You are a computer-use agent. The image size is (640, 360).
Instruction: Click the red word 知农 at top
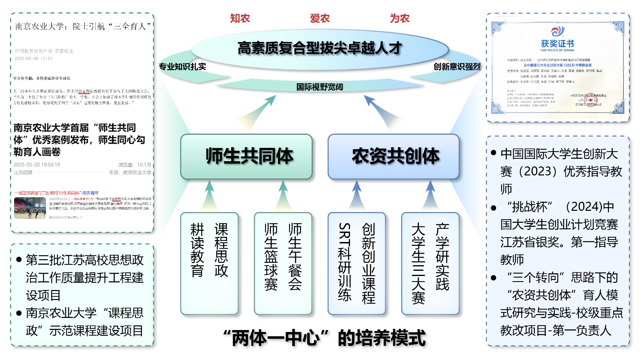coord(240,18)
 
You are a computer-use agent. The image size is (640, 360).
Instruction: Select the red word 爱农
coord(320,18)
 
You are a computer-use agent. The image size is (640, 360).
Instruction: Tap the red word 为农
coord(400,18)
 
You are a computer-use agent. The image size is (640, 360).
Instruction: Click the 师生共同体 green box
coord(246,156)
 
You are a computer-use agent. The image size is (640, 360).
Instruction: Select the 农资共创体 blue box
coord(394,156)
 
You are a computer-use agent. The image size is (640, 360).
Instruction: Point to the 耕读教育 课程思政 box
coord(209,263)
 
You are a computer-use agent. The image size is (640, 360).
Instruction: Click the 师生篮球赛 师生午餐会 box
coord(283,263)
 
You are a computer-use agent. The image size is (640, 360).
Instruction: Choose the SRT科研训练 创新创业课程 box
coord(356,263)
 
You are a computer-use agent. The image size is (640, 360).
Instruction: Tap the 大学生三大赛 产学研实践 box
coord(430,263)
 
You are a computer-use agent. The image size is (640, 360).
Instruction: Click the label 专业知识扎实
coord(182,67)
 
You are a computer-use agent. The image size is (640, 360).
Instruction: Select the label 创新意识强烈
coord(457,67)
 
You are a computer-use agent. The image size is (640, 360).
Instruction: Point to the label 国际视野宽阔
coord(320,87)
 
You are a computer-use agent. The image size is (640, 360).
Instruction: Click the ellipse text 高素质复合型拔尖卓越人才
coord(320,48)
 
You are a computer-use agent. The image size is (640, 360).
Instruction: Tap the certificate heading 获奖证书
coord(557,44)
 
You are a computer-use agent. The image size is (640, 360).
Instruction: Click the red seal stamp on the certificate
coord(591,100)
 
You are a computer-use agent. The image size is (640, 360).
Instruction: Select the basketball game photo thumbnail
coord(30,208)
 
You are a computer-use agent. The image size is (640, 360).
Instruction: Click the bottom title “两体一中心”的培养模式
coord(324,338)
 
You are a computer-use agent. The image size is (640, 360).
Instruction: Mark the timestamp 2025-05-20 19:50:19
coord(37,165)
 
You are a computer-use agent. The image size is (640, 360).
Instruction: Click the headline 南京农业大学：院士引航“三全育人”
coord(83,27)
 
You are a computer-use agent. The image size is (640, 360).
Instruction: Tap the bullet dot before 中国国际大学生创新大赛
coord(493,153)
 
